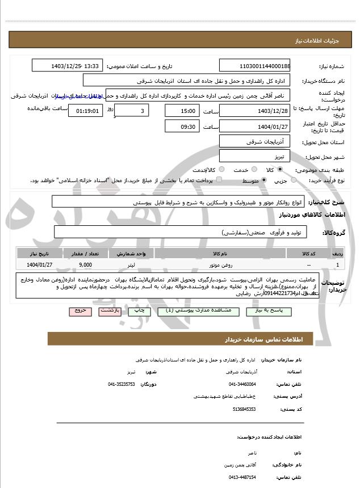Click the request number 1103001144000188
click(x=254, y=66)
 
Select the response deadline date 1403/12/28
click(x=254, y=111)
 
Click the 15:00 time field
click(x=182, y=111)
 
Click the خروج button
click(x=79, y=312)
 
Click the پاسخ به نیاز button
click(x=265, y=312)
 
